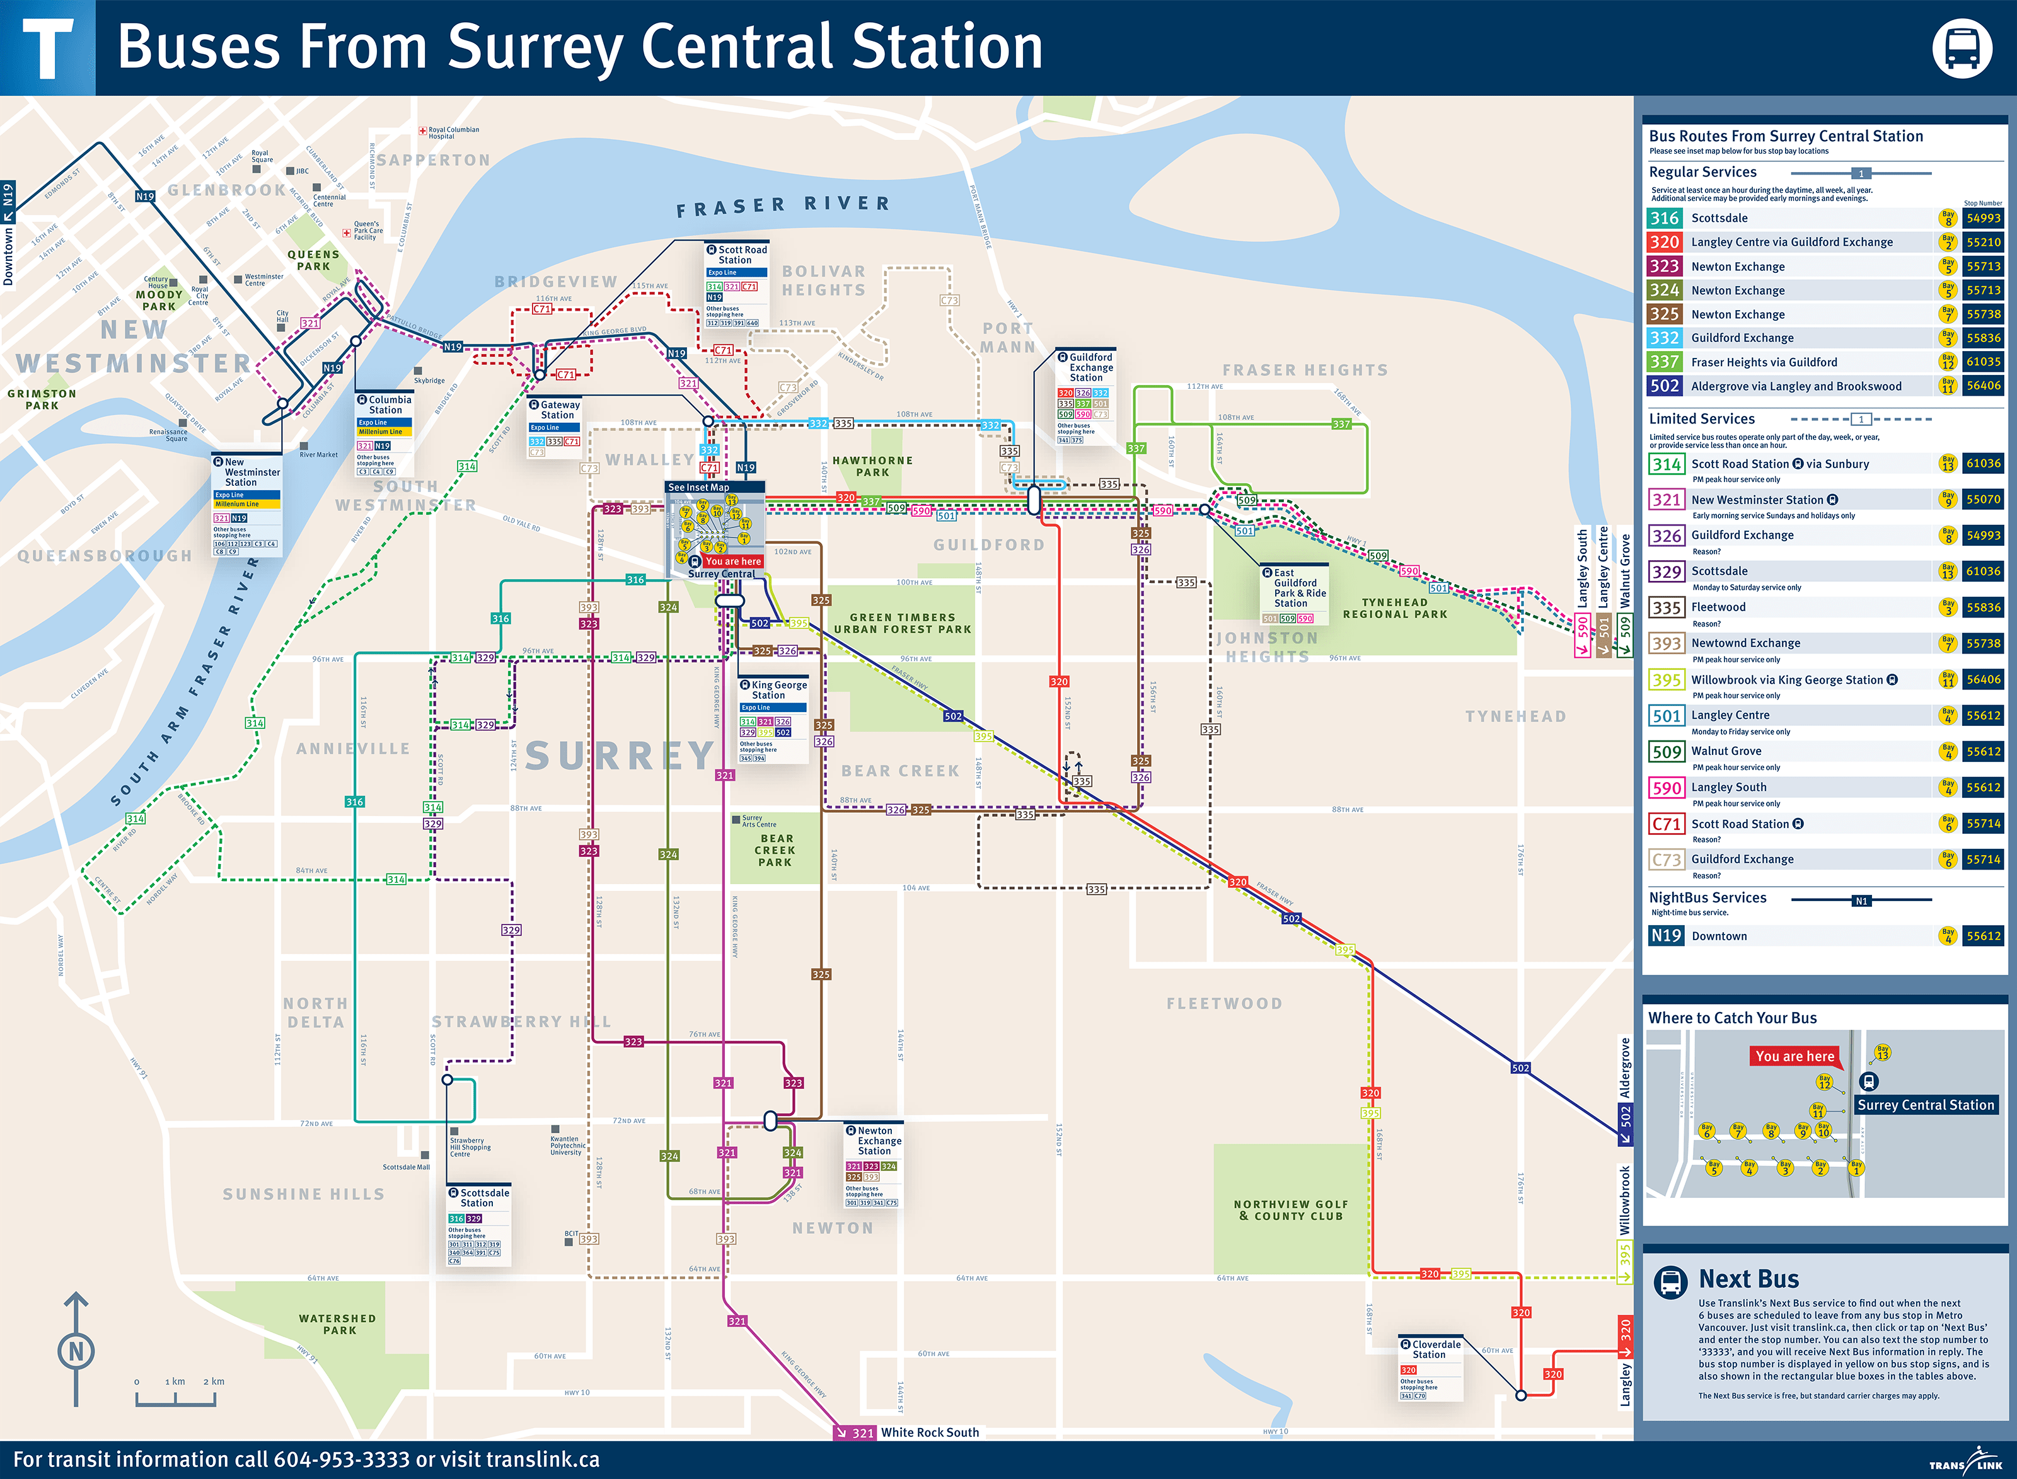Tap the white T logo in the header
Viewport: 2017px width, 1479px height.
click(47, 49)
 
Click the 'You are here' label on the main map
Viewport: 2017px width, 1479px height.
click(732, 561)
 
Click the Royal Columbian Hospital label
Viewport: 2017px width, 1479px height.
click(453, 132)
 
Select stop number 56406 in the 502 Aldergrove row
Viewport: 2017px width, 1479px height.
click(1983, 386)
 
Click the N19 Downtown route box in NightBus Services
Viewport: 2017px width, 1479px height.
click(1665, 936)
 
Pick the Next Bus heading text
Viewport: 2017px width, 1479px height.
click(1748, 1279)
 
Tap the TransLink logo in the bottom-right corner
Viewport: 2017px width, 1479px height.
click(1965, 1461)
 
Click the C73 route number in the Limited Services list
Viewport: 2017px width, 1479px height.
click(1665, 860)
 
